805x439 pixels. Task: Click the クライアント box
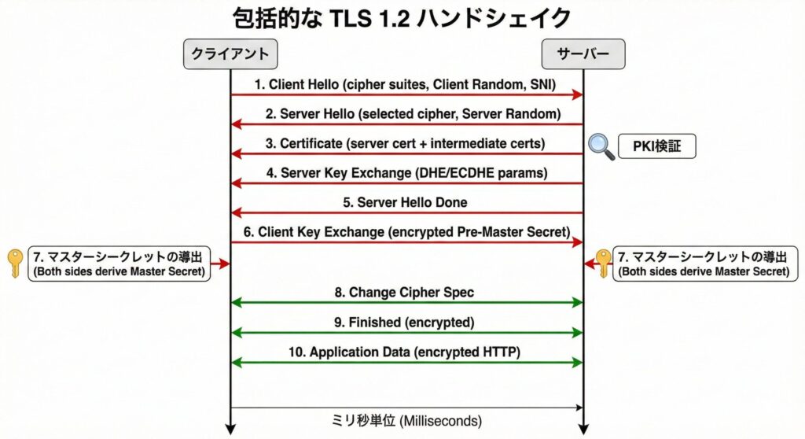pyautogui.click(x=230, y=54)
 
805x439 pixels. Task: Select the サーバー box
pyautogui.click(x=583, y=54)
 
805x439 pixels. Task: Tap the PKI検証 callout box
pyautogui.click(x=656, y=146)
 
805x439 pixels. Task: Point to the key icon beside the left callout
pyautogui.click(x=15, y=263)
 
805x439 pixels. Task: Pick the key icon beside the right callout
pyautogui.click(x=603, y=263)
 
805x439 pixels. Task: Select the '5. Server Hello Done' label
pyautogui.click(x=406, y=202)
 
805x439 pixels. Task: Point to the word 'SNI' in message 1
pyautogui.click(x=538, y=83)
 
